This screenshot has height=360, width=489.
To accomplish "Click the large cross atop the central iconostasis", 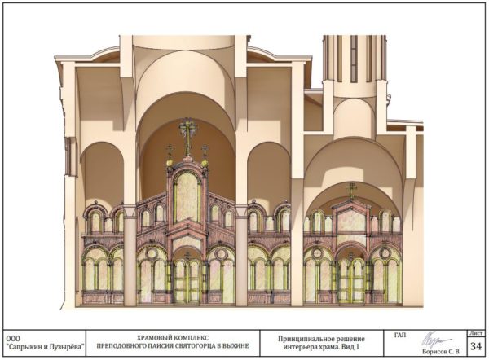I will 187,133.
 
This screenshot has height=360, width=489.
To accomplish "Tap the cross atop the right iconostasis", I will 352,189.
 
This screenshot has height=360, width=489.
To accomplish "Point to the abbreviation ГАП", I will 399,333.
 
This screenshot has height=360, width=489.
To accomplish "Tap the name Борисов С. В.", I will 443,351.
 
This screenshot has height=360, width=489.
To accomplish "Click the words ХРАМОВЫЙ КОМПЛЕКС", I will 171,335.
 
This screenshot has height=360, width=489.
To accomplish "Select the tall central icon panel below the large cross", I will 187,200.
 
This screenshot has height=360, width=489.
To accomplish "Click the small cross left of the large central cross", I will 170,151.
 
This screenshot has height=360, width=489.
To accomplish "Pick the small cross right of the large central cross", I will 205,151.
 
